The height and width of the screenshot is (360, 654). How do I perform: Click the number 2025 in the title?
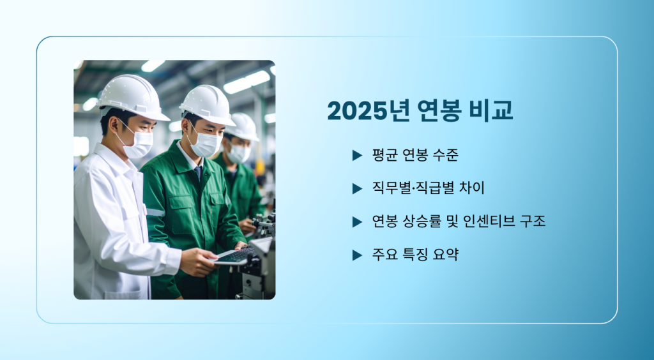click(x=358, y=111)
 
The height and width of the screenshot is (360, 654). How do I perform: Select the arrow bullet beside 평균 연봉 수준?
click(x=357, y=155)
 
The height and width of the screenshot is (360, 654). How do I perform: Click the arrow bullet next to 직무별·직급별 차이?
click(x=357, y=189)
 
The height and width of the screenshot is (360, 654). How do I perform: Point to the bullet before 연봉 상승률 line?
click(x=357, y=222)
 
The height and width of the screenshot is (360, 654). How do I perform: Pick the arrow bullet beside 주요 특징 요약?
click(x=357, y=255)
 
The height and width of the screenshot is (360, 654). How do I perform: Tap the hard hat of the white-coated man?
click(x=133, y=98)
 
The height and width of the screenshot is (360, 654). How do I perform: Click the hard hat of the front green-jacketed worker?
click(x=208, y=105)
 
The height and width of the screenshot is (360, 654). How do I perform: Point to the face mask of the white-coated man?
click(x=138, y=142)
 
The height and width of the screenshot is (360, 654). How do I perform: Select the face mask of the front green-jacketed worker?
click(x=205, y=144)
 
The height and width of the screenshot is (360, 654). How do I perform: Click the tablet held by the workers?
click(x=234, y=256)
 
